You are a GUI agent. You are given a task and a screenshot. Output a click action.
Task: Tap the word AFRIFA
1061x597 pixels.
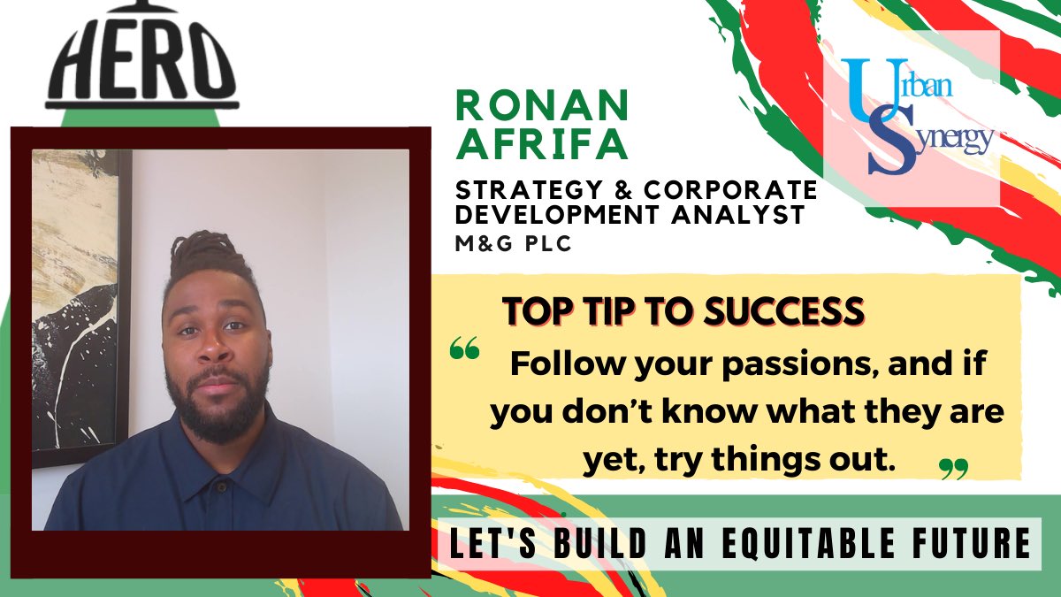pos(541,143)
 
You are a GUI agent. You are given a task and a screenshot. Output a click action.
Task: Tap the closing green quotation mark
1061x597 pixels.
pos(953,468)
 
